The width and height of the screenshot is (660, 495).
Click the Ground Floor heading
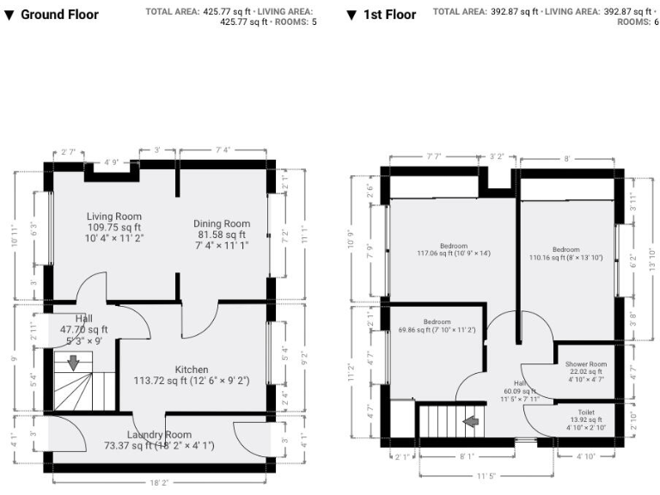coord(59,15)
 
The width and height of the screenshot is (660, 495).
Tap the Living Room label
coord(114,217)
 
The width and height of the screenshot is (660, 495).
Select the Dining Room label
coord(222,223)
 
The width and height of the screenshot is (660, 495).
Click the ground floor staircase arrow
coord(73,363)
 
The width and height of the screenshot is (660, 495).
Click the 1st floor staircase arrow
coord(471,422)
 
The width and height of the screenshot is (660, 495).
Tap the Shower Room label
coord(586,364)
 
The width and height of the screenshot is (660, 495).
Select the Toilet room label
coord(586,412)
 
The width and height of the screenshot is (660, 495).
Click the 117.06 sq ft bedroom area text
coord(453,254)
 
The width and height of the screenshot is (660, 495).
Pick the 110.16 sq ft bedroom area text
coord(565,258)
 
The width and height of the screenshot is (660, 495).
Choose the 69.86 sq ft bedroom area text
coord(437,330)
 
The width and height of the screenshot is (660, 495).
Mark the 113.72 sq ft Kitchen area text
coord(191,380)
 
